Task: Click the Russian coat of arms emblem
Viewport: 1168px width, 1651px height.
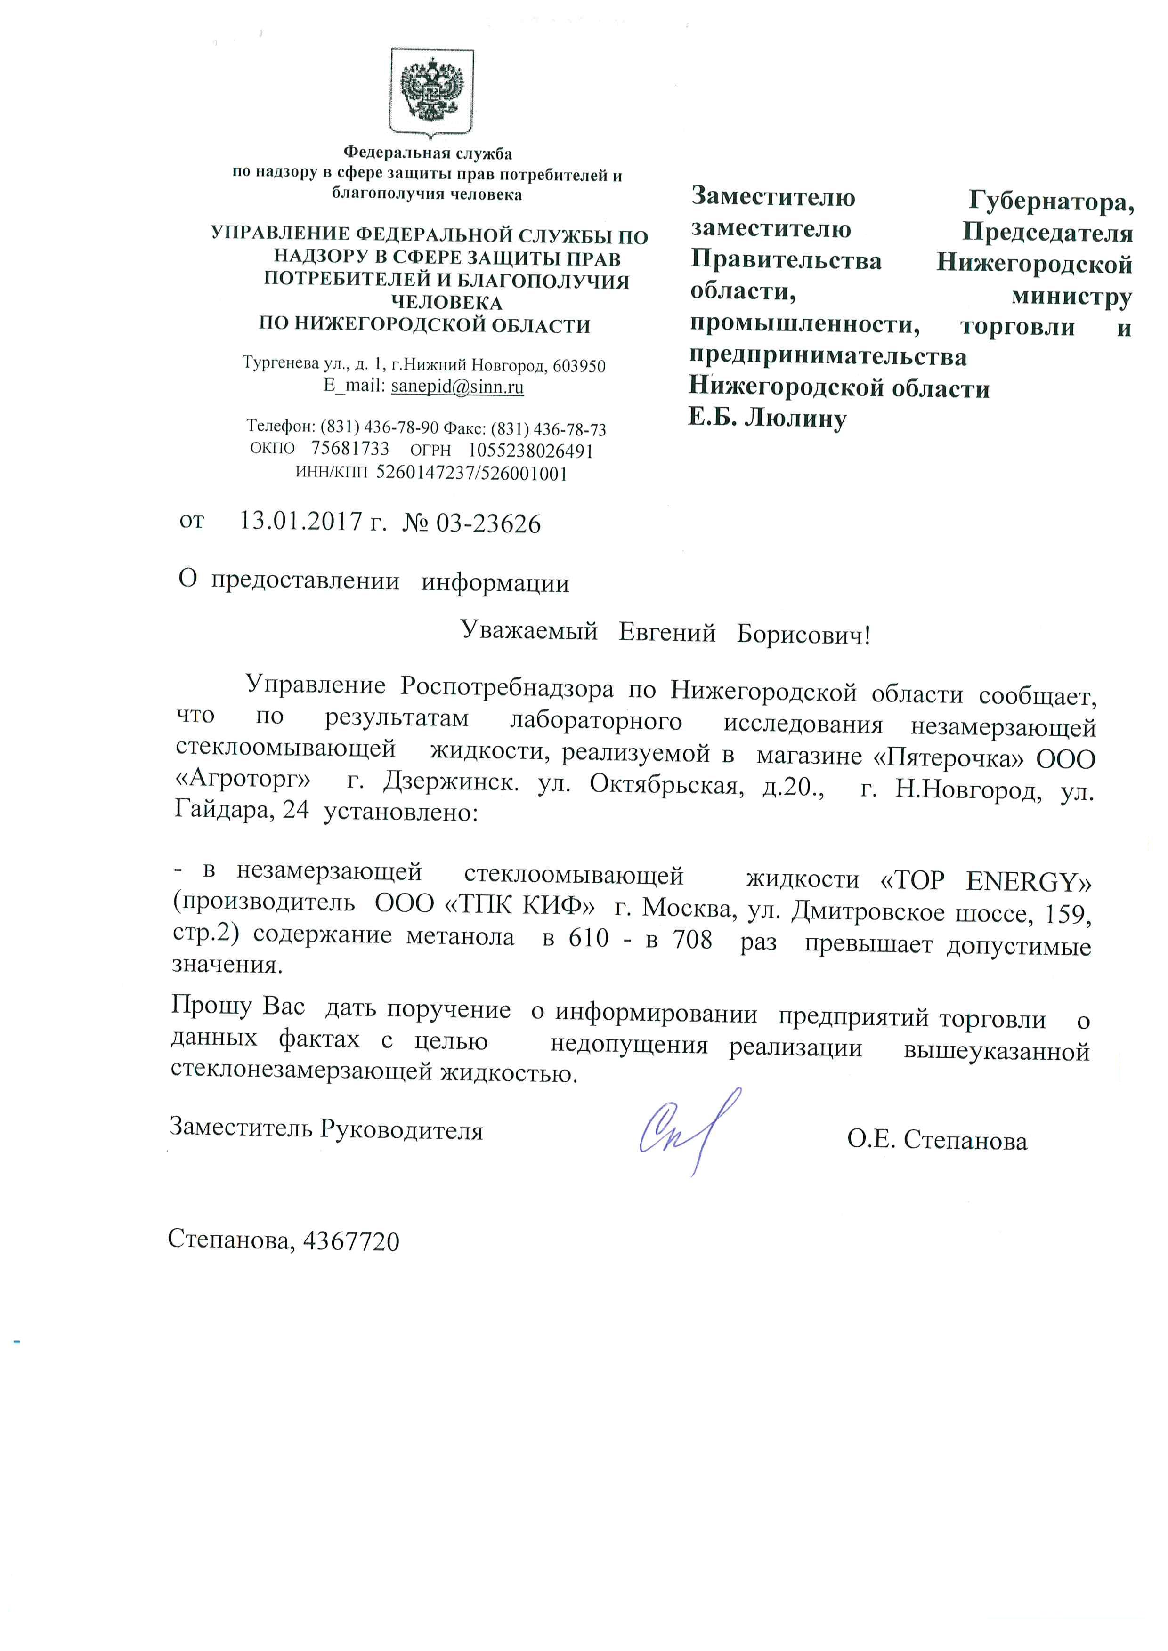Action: pyautogui.click(x=431, y=91)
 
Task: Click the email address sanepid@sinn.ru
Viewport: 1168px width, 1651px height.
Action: pyautogui.click(x=457, y=387)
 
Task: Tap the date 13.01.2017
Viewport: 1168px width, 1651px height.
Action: pyautogui.click(x=300, y=521)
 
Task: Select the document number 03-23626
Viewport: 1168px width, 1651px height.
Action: pyautogui.click(x=487, y=523)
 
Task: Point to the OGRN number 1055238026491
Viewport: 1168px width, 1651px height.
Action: pyautogui.click(x=531, y=451)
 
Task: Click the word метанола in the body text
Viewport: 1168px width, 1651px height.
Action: pyautogui.click(x=460, y=937)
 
